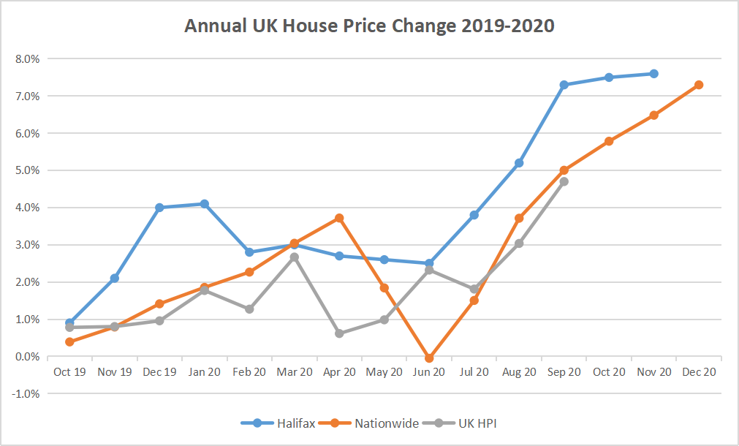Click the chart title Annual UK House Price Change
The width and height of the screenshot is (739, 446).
[369, 26]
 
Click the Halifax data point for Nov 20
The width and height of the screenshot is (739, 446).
[653, 74]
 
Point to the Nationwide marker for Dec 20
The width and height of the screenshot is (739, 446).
[699, 85]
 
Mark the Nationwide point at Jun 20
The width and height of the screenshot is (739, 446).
[429, 358]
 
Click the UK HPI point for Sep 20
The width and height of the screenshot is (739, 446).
[564, 181]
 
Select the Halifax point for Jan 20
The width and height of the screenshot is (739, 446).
[205, 204]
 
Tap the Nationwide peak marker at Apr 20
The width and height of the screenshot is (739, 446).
[339, 218]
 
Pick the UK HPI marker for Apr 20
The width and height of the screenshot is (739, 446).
[339, 333]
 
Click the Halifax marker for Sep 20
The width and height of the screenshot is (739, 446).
[564, 85]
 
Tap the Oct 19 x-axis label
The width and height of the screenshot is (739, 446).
[69, 372]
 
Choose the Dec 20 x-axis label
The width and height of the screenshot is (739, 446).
[699, 372]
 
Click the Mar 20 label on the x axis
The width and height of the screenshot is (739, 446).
[294, 372]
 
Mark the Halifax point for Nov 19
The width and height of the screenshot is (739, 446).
[115, 279]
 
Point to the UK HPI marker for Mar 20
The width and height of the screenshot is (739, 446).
[294, 257]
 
